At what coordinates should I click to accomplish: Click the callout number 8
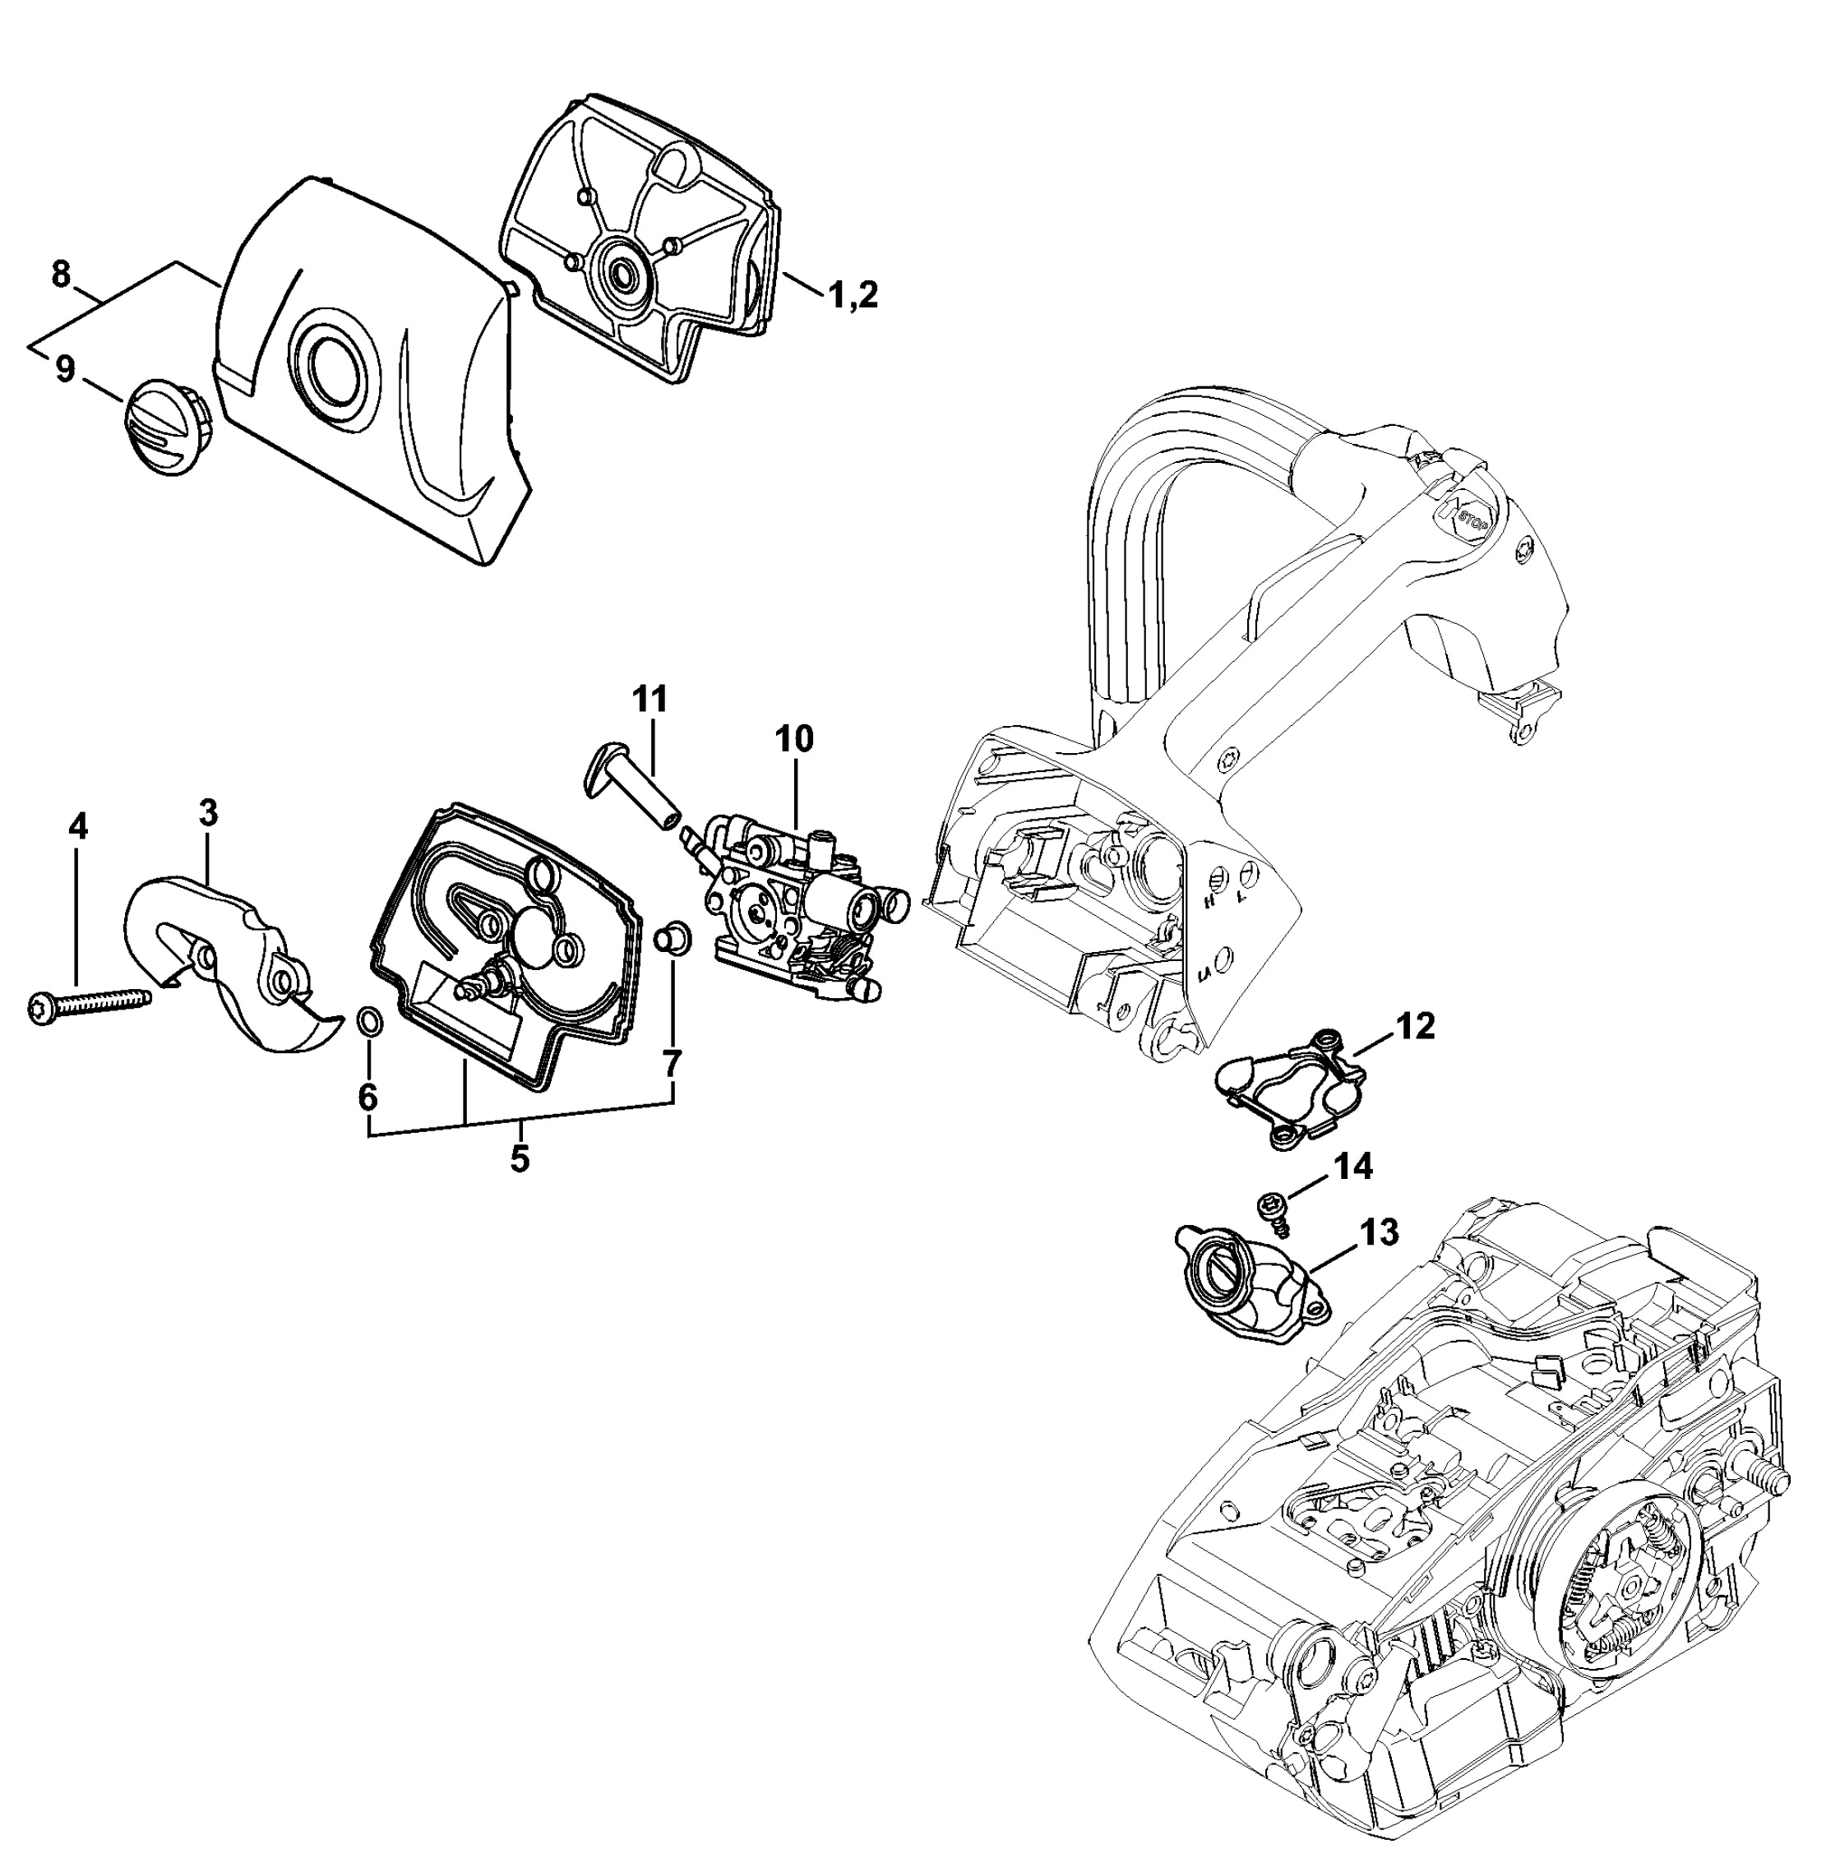coord(60,275)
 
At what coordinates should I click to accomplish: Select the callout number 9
coord(65,369)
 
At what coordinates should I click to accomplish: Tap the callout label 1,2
coord(853,295)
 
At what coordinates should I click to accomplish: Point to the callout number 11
coord(650,699)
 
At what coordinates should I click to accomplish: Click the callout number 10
coord(795,738)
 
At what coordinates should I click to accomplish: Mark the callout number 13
coord(1378,1232)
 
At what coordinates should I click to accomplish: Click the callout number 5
coord(519,1159)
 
